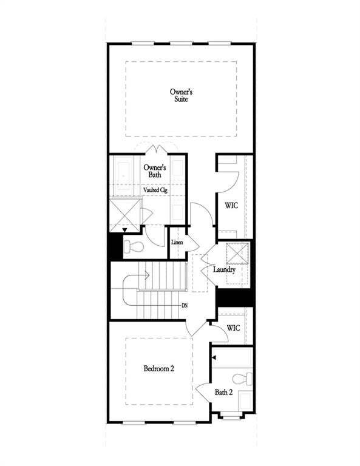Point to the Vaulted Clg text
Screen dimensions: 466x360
click(155, 190)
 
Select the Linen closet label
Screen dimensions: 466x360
click(177, 243)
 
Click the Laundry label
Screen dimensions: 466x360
click(223, 269)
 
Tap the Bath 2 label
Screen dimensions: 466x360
click(223, 392)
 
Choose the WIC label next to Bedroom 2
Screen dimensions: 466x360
click(234, 328)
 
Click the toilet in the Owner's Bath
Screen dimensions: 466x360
click(134, 247)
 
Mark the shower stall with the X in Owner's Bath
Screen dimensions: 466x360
click(124, 214)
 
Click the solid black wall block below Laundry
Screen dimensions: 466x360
click(234, 297)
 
